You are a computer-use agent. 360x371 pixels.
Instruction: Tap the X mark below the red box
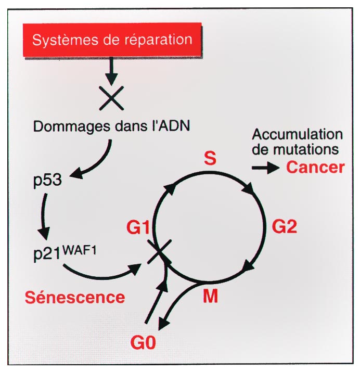pyautogui.click(x=111, y=97)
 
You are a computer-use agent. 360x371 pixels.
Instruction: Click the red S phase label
pyautogui.click(x=210, y=159)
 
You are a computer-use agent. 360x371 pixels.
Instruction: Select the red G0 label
pyautogui.click(x=146, y=343)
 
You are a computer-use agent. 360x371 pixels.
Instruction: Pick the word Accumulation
pyautogui.click(x=297, y=134)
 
